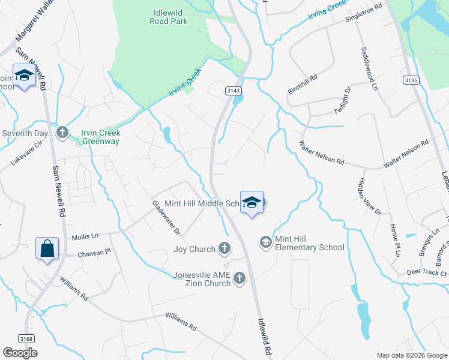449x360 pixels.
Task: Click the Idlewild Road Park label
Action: pos(169,17)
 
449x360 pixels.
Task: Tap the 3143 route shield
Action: pos(234,91)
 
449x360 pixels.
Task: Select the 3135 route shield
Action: pos(411,80)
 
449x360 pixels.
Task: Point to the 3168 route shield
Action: pos(25,338)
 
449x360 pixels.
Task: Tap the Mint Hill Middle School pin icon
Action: pos(252,202)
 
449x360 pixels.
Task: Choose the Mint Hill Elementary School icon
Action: pos(265,242)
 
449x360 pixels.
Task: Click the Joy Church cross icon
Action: pos(224,248)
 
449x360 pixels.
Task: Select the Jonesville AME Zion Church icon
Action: pos(240,278)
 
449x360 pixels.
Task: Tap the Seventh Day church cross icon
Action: pos(62,132)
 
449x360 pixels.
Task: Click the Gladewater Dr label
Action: pos(166,217)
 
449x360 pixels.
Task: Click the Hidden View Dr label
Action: pos(369,195)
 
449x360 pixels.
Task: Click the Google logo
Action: pos(20,353)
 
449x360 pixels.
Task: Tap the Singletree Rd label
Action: pos(364,15)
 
